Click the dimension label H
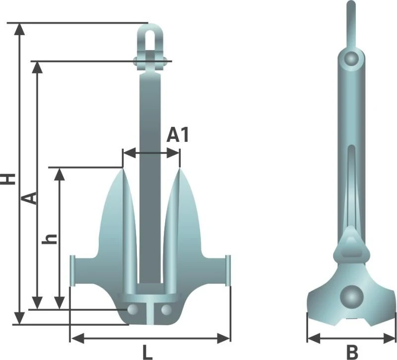pos(8,179)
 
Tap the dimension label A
pos(30,197)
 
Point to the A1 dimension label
pos(177,135)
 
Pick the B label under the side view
pos(351,352)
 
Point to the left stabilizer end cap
pos(72,270)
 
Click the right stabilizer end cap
pos(228,270)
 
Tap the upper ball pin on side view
pos(352,59)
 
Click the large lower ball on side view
pos(352,297)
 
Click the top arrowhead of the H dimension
pos(19,28)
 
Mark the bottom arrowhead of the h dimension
pos(59,303)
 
